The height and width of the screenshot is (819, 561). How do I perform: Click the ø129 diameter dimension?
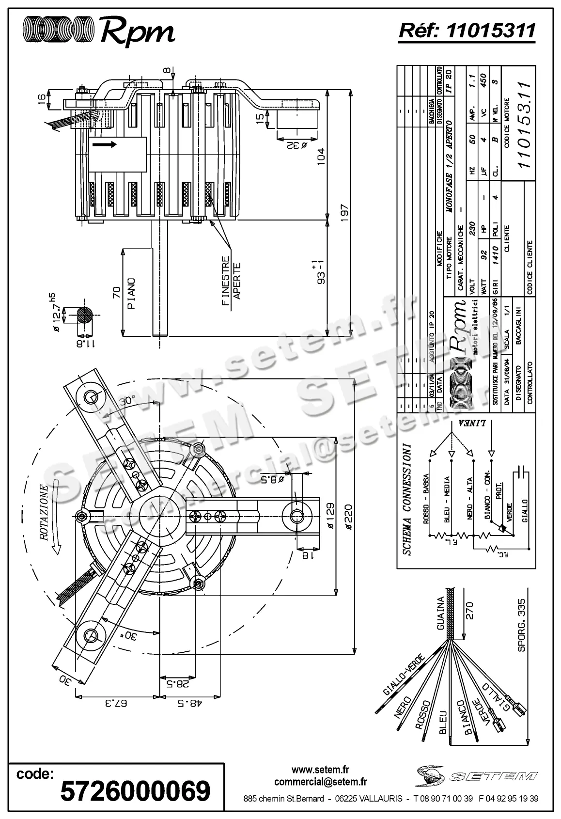pos(329,515)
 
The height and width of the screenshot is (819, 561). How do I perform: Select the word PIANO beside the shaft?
pos(131,293)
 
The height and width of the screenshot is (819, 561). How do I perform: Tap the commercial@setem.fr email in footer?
pos(320,781)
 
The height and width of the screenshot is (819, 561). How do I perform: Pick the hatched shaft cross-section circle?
pos(84,315)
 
